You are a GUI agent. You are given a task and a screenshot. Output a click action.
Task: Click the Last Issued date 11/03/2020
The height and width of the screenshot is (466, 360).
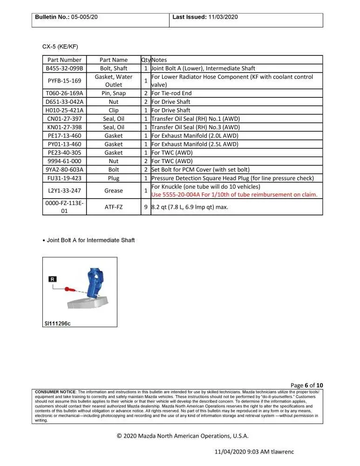pyautogui.click(x=223, y=17)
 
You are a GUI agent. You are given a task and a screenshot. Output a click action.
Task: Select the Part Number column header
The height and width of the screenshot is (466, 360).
pyautogui.click(x=64, y=60)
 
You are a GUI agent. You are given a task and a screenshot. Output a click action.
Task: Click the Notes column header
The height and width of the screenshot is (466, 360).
pyautogui.click(x=159, y=60)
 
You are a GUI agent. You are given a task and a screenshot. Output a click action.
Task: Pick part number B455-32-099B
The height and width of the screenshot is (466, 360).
pyautogui.click(x=64, y=68)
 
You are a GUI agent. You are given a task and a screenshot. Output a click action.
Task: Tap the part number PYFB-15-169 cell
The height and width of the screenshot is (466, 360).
pyautogui.click(x=64, y=81)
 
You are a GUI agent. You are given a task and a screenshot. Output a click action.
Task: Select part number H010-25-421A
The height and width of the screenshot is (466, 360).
pyautogui.click(x=64, y=110)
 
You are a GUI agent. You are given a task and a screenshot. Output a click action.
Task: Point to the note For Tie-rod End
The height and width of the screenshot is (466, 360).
pyautogui.click(x=171, y=93)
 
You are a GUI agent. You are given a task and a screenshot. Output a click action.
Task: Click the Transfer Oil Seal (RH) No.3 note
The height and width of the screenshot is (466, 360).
pyautogui.click(x=196, y=127)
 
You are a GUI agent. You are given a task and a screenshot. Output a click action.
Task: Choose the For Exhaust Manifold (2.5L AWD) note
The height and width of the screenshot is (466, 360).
pyautogui.click(x=195, y=144)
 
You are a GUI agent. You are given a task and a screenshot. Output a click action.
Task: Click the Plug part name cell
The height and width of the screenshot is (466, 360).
pyautogui.click(x=113, y=178)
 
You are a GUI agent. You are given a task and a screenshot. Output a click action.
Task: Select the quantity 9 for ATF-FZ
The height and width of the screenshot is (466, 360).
pyautogui.click(x=146, y=207)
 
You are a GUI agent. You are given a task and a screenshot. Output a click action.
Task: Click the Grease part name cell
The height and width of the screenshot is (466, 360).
pyautogui.click(x=113, y=191)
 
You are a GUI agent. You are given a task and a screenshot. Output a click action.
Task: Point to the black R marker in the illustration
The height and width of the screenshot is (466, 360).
pyautogui.click(x=53, y=279)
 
